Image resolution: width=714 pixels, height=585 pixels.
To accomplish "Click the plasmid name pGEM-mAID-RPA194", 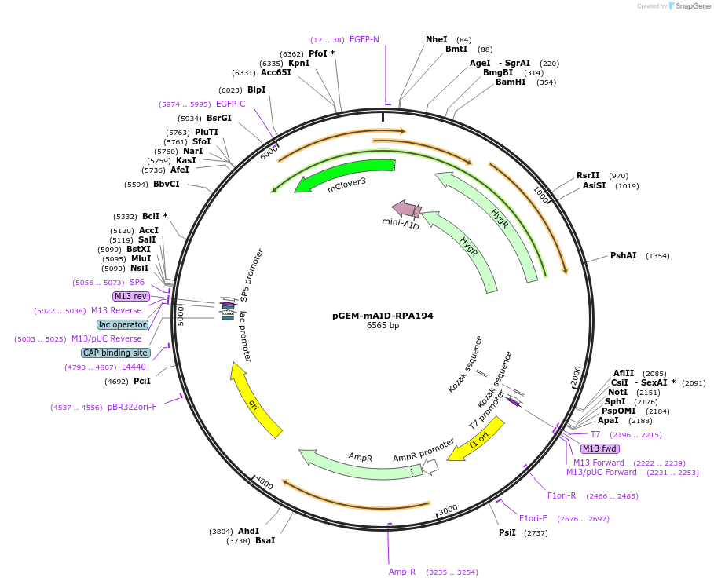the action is tap(383, 316).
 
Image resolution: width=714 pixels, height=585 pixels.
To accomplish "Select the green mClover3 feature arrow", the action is tap(346, 174).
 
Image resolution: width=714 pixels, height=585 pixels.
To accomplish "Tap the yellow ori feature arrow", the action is tap(256, 400).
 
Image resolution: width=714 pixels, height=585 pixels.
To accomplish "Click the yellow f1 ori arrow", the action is tap(476, 438).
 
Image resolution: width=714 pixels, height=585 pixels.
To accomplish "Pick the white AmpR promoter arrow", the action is tap(430, 466).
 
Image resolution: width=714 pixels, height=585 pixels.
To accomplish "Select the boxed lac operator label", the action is tap(123, 324).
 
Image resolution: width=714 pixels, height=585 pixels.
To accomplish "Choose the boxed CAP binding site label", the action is tap(115, 353).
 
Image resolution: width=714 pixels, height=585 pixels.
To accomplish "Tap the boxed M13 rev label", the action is tap(130, 296).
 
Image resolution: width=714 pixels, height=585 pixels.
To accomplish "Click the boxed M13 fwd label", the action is tap(599, 448).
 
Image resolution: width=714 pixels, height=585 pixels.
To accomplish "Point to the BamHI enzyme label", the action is tap(511, 82).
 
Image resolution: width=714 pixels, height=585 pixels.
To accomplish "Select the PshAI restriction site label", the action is tap(623, 256).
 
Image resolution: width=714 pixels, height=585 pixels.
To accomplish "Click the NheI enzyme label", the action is tap(436, 39).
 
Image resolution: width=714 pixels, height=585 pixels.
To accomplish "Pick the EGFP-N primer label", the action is tap(364, 39).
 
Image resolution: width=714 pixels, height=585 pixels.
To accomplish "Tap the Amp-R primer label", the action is tap(402, 572).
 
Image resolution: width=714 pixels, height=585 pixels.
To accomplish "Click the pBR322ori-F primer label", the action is tap(132, 407).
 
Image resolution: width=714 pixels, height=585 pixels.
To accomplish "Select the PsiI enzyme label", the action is tap(507, 532).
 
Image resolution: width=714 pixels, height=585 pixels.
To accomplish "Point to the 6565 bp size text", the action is tap(383, 326).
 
